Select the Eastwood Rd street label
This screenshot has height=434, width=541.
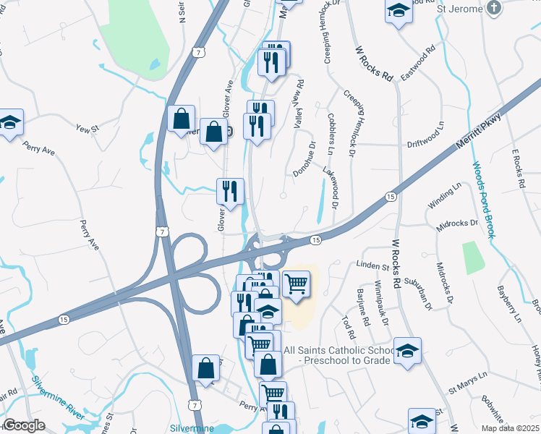[422, 64]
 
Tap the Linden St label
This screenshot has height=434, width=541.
[372, 266]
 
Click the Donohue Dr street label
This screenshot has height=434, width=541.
[305, 158]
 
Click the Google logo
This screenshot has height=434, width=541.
[25, 425]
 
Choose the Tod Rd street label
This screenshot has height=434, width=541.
[349, 326]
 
